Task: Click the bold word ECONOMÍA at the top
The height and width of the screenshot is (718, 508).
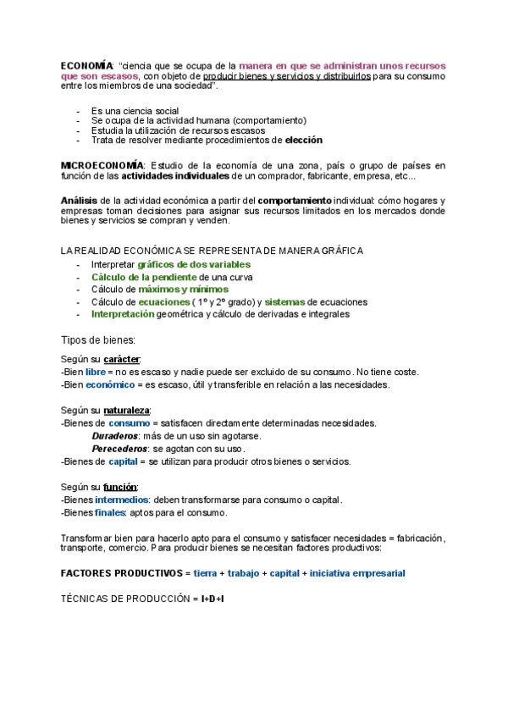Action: coord(86,65)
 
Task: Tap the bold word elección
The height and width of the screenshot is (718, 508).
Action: coord(303,141)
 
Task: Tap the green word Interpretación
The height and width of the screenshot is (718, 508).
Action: coord(123,313)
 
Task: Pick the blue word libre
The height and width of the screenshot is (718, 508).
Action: coord(95,372)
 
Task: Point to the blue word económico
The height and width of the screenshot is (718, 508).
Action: coord(109,384)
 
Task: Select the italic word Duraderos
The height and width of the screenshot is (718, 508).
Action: coord(114,435)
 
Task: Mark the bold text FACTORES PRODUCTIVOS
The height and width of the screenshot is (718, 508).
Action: coord(121,573)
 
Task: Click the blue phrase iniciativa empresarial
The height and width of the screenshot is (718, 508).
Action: coord(357,573)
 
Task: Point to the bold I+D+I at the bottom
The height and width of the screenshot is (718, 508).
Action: coord(213,599)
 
